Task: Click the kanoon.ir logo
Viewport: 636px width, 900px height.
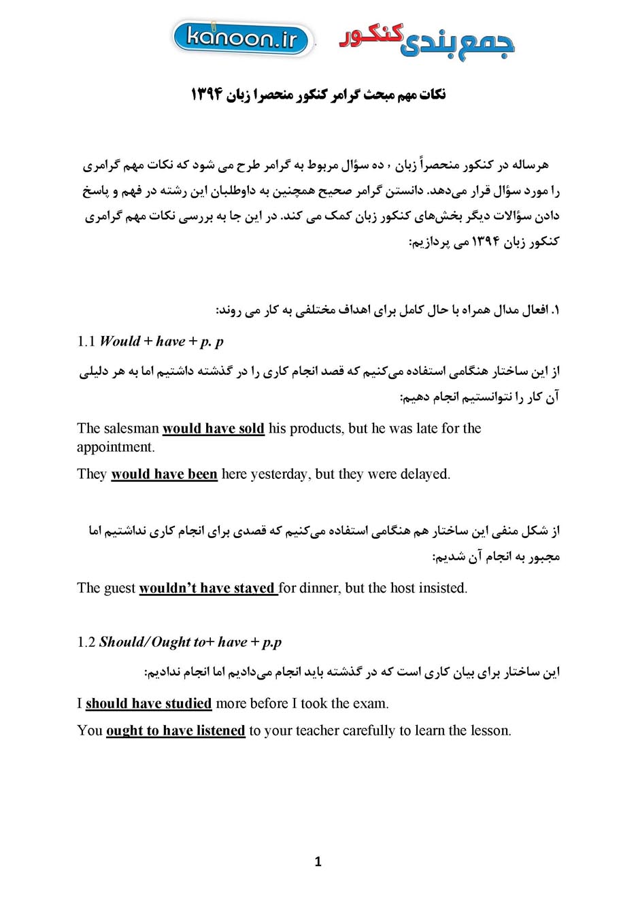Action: [x=243, y=39]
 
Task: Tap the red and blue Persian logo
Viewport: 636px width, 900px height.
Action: [x=426, y=41]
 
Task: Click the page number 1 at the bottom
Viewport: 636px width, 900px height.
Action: [x=318, y=862]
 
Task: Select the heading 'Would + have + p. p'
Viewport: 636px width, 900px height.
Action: [x=161, y=341]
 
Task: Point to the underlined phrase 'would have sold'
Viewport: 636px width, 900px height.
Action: [x=214, y=429]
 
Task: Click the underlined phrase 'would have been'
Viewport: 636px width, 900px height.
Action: [x=164, y=474]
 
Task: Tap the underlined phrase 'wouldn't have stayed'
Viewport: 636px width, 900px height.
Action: [x=207, y=588]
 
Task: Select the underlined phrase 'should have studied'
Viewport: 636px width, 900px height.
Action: [x=148, y=703]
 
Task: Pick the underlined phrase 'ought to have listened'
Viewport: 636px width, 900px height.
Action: [x=175, y=731]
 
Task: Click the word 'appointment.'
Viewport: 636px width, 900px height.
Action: [x=116, y=447]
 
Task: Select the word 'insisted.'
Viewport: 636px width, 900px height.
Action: [x=443, y=588]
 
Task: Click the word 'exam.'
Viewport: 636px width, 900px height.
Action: [x=371, y=703]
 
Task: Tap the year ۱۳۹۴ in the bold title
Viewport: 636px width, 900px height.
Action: [x=207, y=94]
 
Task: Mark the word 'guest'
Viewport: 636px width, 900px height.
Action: [x=120, y=588]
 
